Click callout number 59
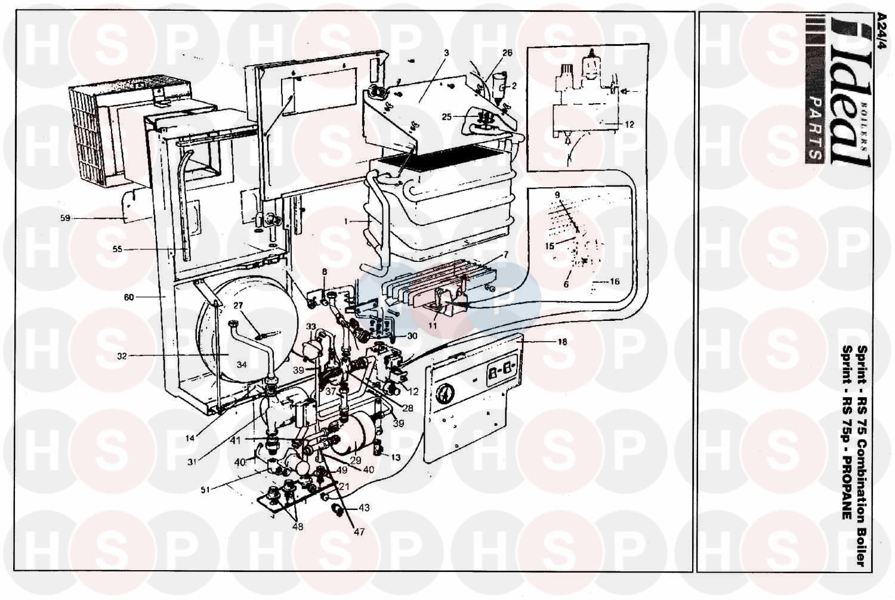pyautogui.click(x=65, y=218)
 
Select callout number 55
pyautogui.click(x=118, y=249)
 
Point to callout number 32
pyautogui.click(x=122, y=356)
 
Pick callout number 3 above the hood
pyautogui.click(x=446, y=53)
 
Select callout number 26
pyautogui.click(x=507, y=53)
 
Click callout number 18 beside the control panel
pyautogui.click(x=561, y=342)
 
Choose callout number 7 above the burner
pyautogui.click(x=505, y=255)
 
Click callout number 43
pyautogui.click(x=364, y=508)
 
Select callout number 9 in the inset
pyautogui.click(x=557, y=195)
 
